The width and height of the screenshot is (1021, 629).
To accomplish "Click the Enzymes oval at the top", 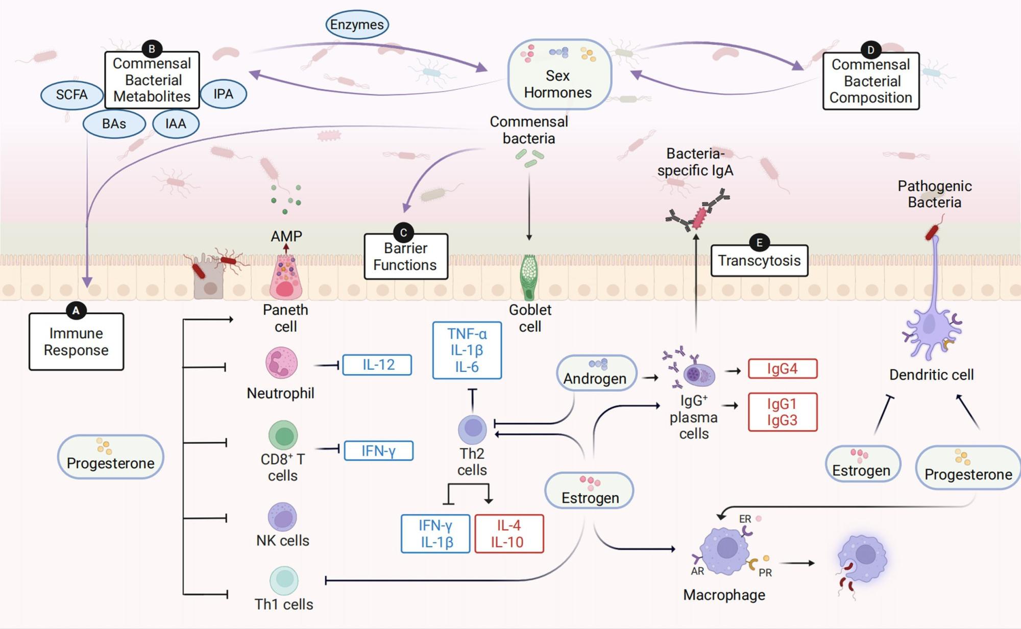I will (x=357, y=24).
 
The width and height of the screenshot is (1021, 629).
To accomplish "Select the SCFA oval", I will (x=72, y=95).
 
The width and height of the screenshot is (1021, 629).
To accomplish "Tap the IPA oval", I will (x=223, y=94).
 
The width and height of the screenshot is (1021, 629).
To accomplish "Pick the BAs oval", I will (x=114, y=124).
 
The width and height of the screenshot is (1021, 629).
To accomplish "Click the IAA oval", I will (x=176, y=124).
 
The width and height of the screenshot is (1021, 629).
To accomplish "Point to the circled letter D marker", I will (x=870, y=50).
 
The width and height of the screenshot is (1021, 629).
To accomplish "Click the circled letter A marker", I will (x=76, y=310).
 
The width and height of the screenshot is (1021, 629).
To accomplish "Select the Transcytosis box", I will (x=759, y=261).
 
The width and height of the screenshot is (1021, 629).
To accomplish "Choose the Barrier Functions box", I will (x=405, y=257).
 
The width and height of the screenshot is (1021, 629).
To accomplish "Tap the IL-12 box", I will (x=377, y=365).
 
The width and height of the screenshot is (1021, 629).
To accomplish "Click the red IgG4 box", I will (x=782, y=369).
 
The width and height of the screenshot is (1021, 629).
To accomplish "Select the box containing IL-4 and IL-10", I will (x=508, y=534).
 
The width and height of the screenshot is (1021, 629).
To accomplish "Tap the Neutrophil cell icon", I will (x=281, y=362).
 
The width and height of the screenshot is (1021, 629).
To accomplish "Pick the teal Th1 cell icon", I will (x=284, y=580).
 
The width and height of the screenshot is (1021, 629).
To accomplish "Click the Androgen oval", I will (x=596, y=373).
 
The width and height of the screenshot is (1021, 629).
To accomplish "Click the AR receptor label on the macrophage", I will (x=697, y=571).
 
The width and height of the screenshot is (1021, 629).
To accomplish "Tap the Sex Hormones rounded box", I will (x=559, y=74).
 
